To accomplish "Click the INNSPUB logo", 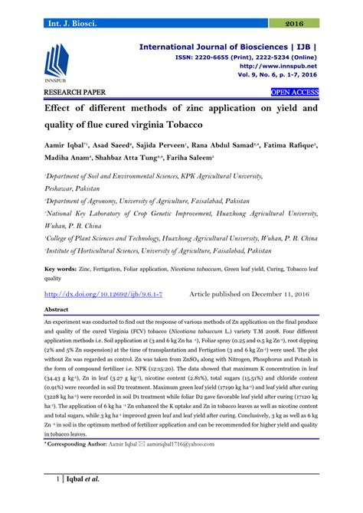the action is pyautogui.click(x=60, y=61).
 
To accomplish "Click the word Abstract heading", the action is pyautogui.click(x=57, y=309).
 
